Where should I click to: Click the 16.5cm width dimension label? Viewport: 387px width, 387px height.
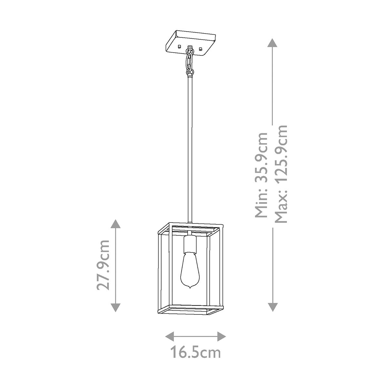tap(195, 352)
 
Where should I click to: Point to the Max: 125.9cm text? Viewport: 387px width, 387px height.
tap(280, 174)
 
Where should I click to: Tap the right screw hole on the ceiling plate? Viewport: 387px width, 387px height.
tap(201, 49)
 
